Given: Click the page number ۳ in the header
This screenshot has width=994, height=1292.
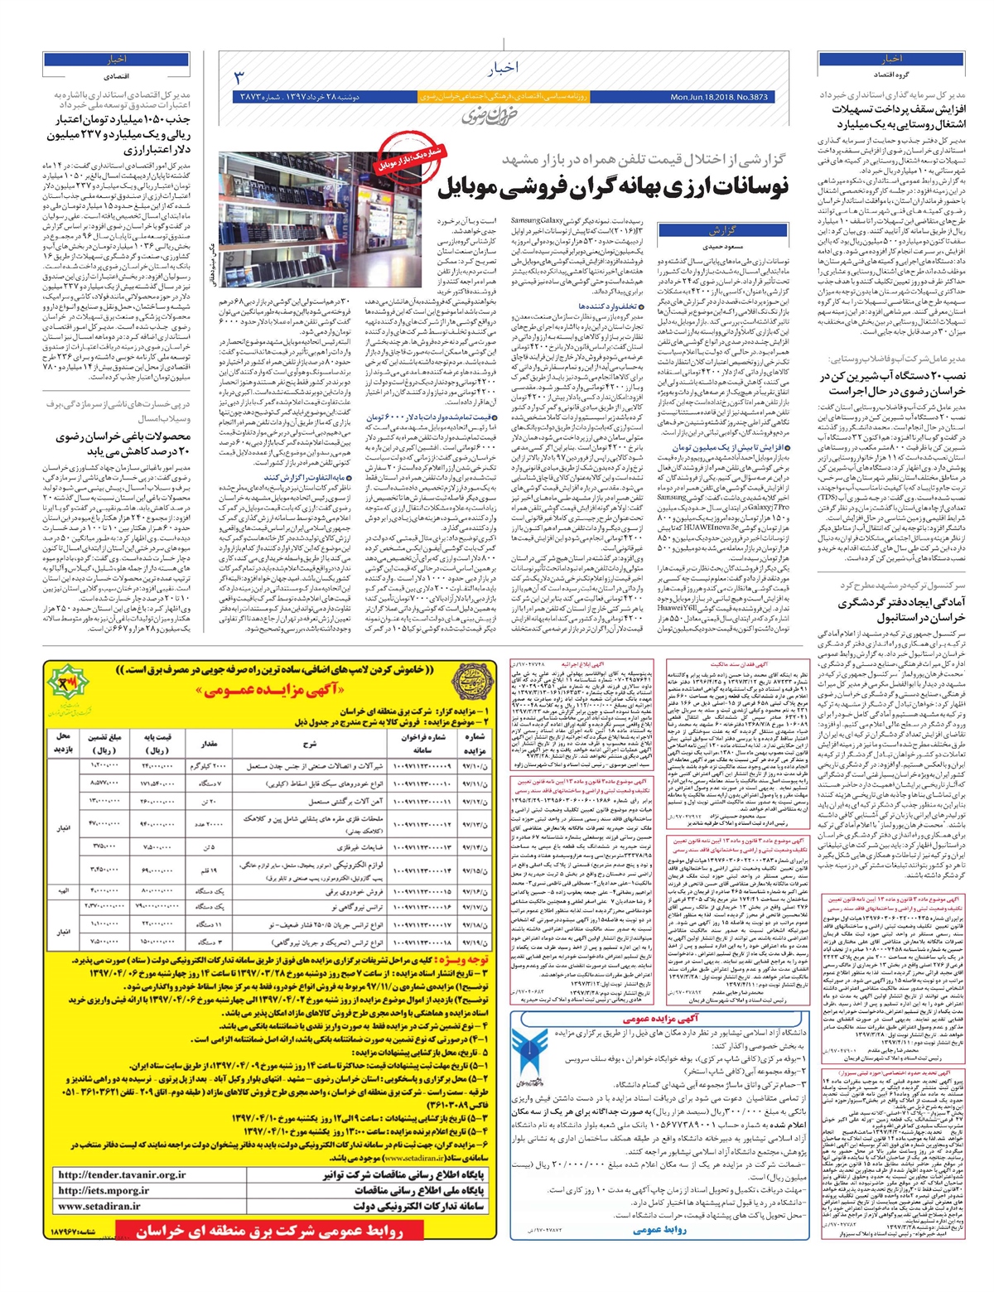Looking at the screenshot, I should click(x=239, y=79).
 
